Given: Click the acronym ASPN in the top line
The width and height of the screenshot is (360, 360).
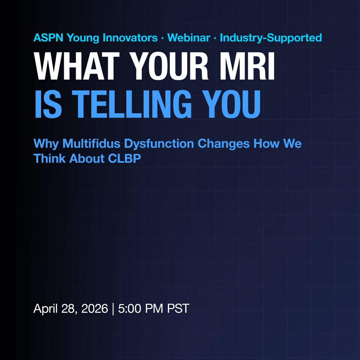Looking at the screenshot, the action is [48, 37].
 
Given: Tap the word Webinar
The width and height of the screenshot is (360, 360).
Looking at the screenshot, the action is [189, 37].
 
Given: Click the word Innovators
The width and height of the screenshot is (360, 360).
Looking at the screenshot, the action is [130, 37].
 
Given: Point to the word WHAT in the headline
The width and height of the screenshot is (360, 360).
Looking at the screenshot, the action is [76, 66].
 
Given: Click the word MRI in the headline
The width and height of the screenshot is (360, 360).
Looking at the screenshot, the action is [247, 66].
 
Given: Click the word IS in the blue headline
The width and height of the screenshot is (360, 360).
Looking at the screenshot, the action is [48, 104].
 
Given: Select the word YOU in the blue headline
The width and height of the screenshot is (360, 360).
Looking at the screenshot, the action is [231, 104].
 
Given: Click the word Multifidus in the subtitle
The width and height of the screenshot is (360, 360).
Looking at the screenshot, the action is [91, 144].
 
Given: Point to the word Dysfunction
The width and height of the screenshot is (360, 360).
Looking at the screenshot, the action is [159, 144].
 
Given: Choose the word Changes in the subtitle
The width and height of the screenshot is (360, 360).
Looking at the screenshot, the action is [223, 144].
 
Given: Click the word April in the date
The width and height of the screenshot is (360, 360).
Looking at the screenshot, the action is [45, 309].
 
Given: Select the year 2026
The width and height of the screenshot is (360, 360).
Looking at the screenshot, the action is [94, 308].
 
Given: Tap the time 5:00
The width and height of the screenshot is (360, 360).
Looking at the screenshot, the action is [129, 308].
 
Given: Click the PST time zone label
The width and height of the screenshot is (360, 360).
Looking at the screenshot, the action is [178, 308].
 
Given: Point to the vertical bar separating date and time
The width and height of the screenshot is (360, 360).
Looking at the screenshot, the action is [113, 309].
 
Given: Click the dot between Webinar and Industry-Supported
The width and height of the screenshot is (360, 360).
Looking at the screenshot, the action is [215, 38].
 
